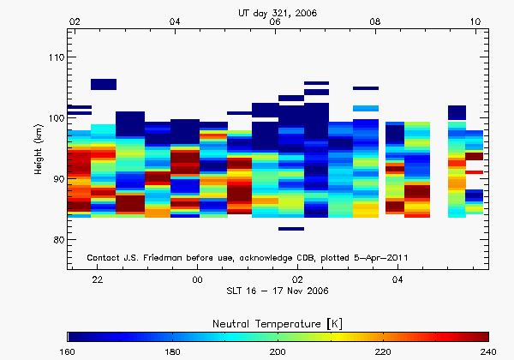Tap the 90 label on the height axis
(56, 179)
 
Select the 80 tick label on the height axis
(56, 240)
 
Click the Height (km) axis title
(38, 149)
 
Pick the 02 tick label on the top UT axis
(75, 21)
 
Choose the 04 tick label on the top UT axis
(175, 21)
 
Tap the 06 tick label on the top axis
(275, 21)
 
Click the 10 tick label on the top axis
(475, 21)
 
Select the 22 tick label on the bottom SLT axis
(98, 280)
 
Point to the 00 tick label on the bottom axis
(197, 280)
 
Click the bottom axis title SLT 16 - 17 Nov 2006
(278, 292)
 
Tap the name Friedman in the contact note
(167, 257)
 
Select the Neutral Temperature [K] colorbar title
(278, 321)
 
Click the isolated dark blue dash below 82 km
(291, 229)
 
